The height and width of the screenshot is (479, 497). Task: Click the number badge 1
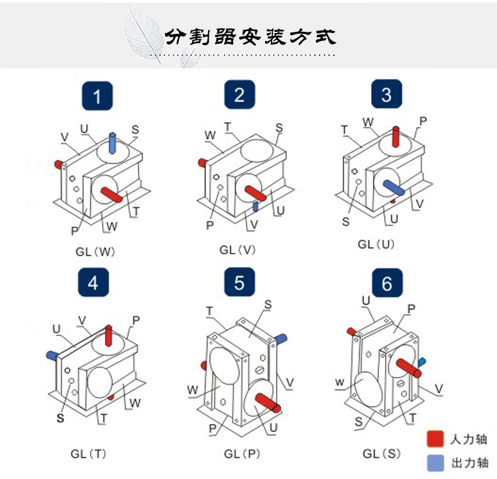click(x=97, y=97)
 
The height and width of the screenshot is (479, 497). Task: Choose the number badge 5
click(x=239, y=283)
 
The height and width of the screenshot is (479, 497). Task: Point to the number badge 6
click(x=386, y=284)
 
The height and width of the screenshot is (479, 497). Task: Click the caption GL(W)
click(x=96, y=252)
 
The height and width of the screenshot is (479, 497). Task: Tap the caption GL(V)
click(x=238, y=250)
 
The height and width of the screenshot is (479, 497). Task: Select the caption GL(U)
click(x=376, y=244)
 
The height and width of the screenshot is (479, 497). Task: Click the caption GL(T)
click(x=89, y=454)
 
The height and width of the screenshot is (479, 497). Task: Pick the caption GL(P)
click(x=241, y=454)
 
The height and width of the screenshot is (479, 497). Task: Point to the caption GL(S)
click(x=382, y=454)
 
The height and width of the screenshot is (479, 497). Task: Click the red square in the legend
click(x=435, y=439)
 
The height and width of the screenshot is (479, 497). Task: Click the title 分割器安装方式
click(x=250, y=36)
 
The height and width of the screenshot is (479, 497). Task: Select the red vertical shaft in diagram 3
click(x=396, y=137)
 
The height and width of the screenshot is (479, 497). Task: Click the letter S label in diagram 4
click(x=60, y=418)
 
